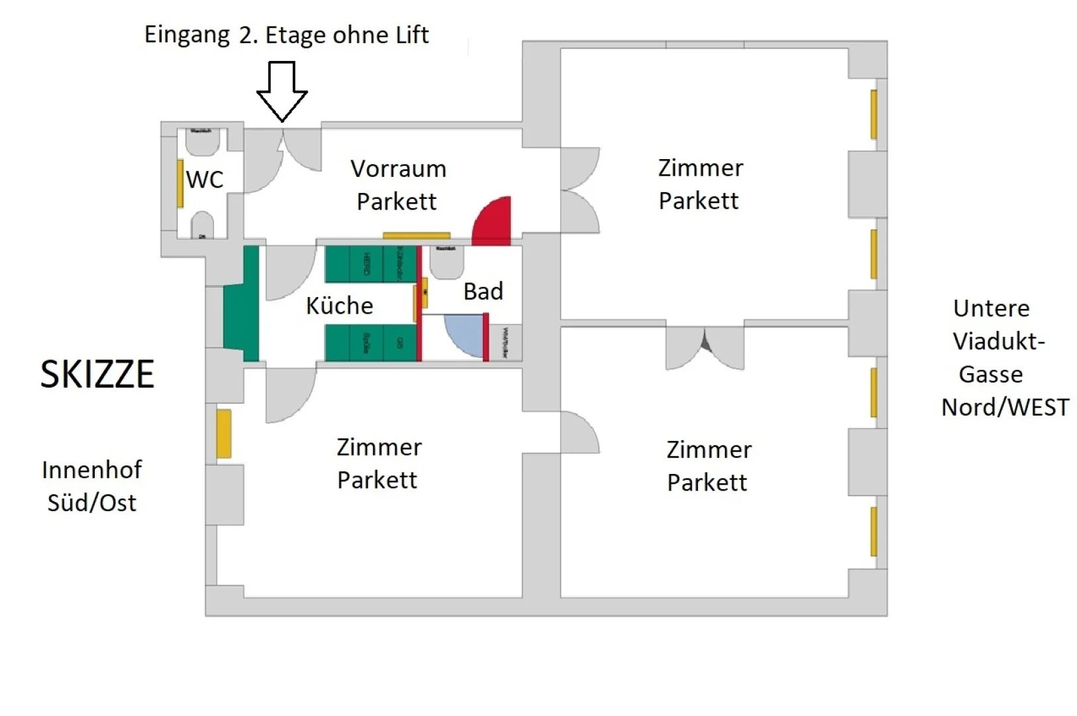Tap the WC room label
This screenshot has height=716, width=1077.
[205, 180]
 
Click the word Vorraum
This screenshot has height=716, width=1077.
[398, 169]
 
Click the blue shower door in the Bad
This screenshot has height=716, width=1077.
[464, 335]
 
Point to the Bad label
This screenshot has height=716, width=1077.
[483, 291]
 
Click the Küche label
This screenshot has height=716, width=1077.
[339, 306]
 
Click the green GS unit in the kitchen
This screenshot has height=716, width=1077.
[400, 343]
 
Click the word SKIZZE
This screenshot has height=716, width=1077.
[97, 375]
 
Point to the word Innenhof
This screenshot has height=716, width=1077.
[91, 470]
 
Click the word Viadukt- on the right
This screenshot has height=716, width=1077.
[998, 341]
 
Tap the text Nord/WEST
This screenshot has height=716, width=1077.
[1005, 407]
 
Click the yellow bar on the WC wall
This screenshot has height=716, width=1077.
[180, 184]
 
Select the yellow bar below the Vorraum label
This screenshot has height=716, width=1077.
[416, 235]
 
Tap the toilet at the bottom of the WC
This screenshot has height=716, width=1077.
[202, 225]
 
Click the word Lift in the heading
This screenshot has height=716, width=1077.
[412, 34]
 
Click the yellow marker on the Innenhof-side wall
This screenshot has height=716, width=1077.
[224, 434]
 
